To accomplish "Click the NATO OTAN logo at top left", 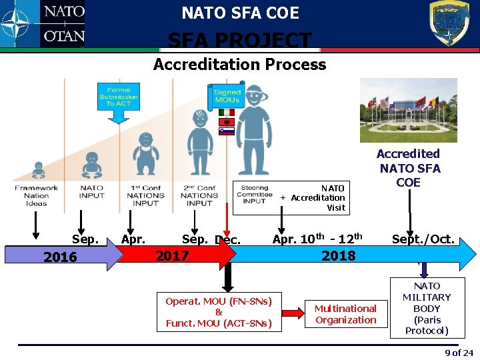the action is click(43, 24).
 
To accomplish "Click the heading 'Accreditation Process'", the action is click(239, 65).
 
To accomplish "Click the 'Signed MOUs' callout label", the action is click(227, 96).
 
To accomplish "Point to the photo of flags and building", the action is click(408, 110).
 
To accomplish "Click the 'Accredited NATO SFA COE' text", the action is click(409, 167).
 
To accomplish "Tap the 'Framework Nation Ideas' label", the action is click(36, 195).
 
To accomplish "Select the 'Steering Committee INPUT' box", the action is click(254, 195).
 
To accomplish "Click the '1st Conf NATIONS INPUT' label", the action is click(145, 195).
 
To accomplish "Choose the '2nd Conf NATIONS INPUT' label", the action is click(199, 195).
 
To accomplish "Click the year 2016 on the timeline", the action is click(60, 257).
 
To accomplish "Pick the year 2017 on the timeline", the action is click(172, 255).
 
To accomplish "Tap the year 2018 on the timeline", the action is click(338, 255).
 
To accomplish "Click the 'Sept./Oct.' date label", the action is click(423, 239).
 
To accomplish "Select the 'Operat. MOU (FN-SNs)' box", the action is click(219, 312).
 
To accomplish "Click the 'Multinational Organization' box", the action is click(345, 314).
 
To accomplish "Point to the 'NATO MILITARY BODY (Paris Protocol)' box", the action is click(427, 309).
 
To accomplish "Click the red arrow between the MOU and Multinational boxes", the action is click(293, 311).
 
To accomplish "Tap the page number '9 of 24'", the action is click(459, 353).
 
